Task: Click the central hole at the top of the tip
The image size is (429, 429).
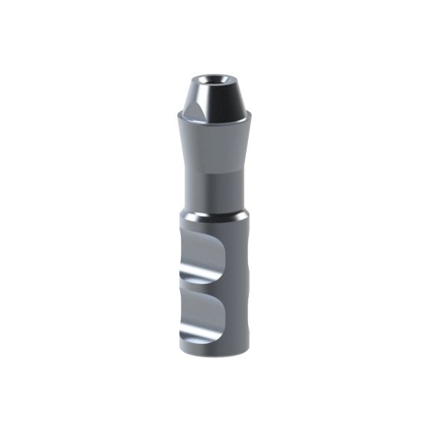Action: tap(214, 78)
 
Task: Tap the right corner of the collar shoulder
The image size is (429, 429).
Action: tap(250, 114)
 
